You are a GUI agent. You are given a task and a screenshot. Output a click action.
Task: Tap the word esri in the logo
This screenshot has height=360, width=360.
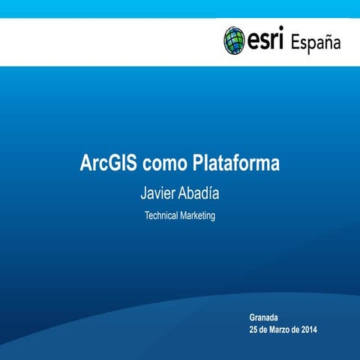tap(266, 40)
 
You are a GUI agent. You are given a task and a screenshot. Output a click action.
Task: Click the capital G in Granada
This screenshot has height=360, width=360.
tap(253, 318)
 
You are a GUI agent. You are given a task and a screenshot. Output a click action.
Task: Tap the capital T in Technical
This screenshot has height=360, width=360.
tap(147, 215)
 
